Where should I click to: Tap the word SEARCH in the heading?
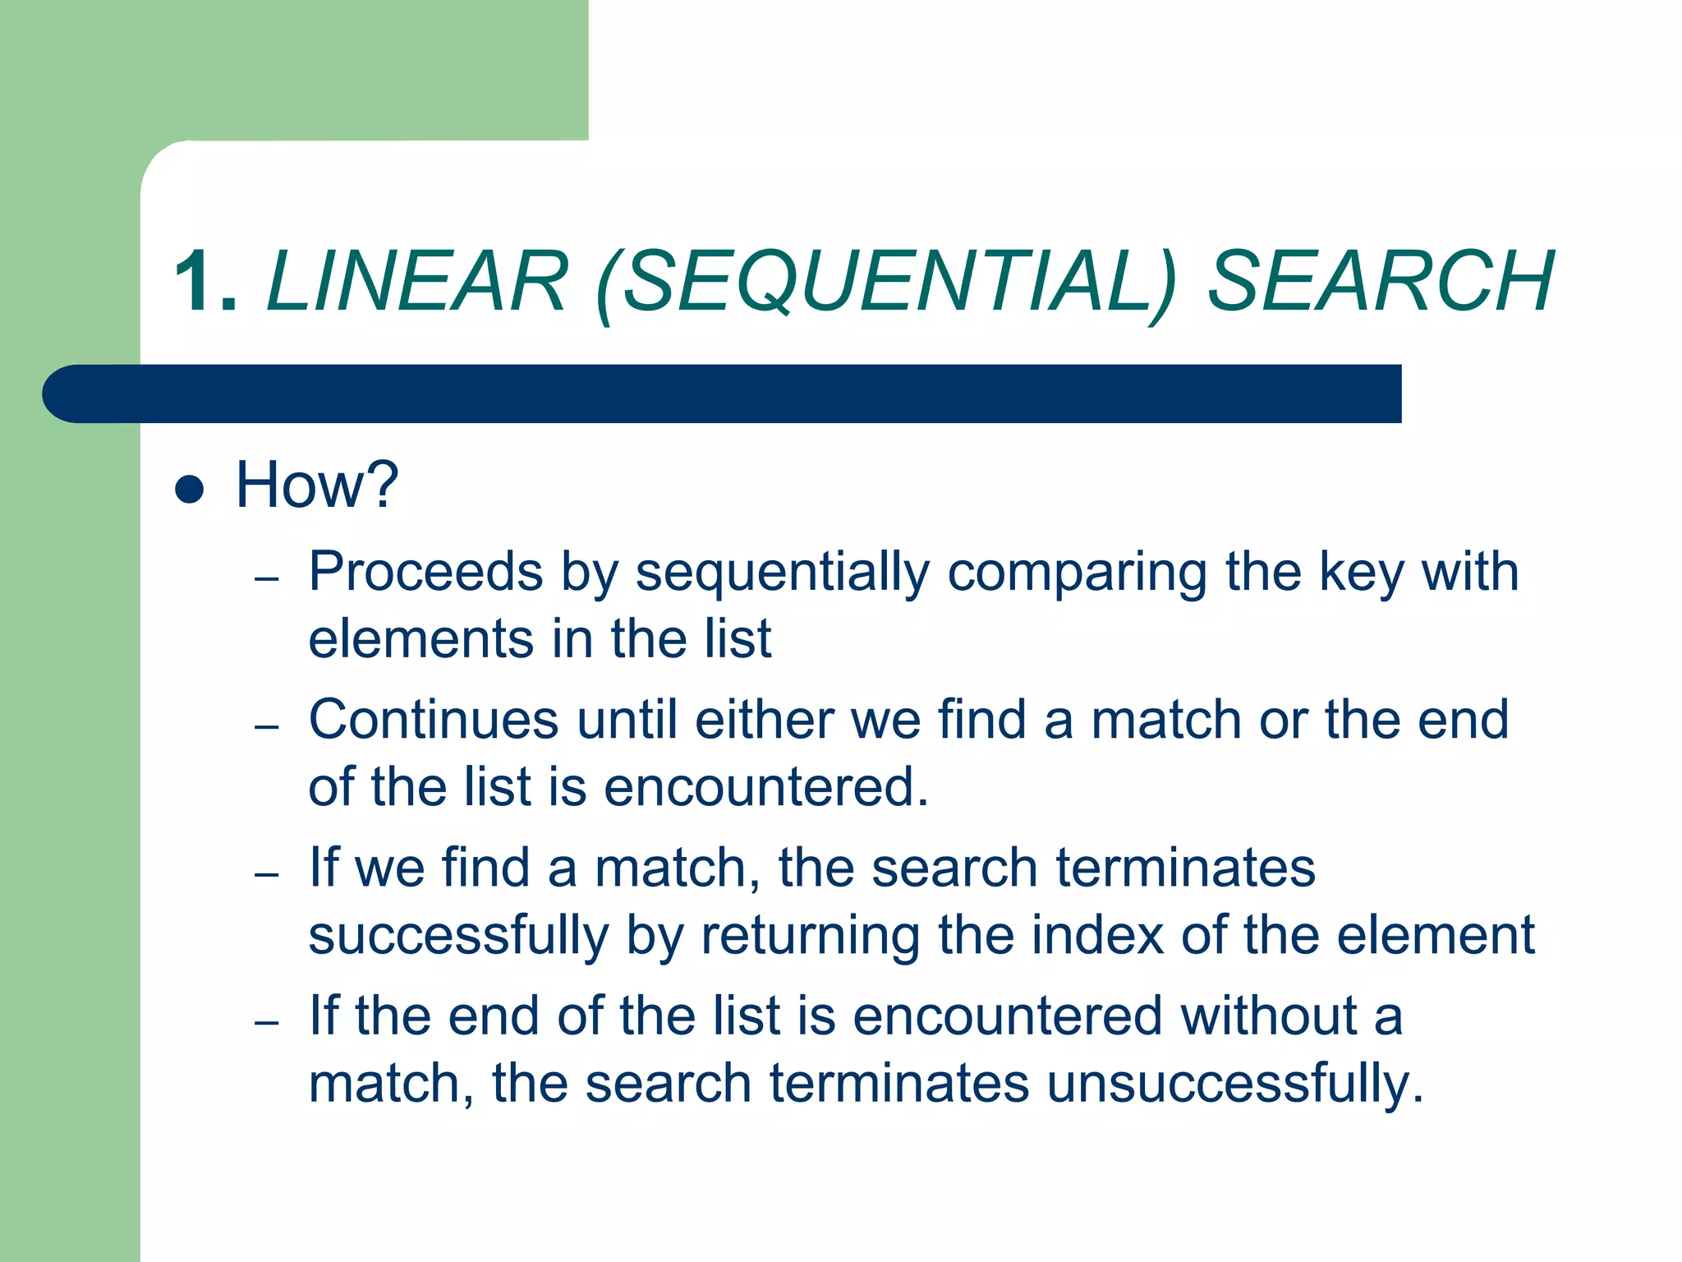pyautogui.click(x=1381, y=282)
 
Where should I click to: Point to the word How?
pyautogui.click(x=317, y=485)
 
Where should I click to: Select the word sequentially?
pyautogui.click(x=782, y=573)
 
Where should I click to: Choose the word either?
pyautogui.click(x=764, y=720)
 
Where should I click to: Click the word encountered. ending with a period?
pyautogui.click(x=765, y=787)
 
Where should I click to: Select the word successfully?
pyautogui.click(x=458, y=936)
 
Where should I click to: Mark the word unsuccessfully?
pyautogui.click(x=1234, y=1084)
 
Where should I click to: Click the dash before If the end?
pyautogui.click(x=267, y=1023)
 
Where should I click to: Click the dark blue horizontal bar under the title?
pyautogui.click(x=723, y=394)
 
